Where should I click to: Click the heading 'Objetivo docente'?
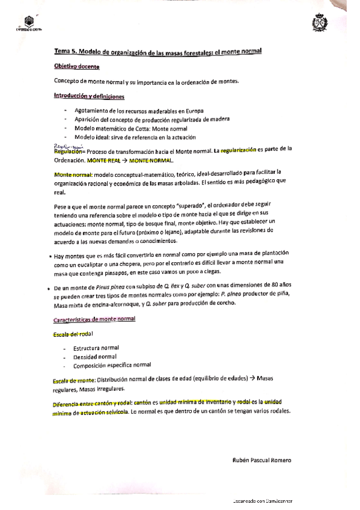[x=76, y=67]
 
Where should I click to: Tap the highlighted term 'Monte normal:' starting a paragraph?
[x=71, y=174]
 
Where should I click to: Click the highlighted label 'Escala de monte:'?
[x=74, y=380]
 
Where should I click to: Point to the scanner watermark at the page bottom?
[x=268, y=500]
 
